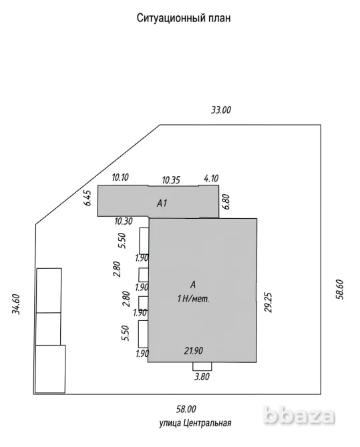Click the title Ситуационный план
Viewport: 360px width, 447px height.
184,18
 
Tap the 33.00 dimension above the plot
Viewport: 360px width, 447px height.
220,110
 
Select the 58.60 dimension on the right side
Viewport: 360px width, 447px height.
340,290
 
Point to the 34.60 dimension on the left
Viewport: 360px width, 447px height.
16,304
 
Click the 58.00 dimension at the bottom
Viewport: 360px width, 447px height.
186,410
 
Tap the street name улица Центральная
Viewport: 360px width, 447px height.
195,423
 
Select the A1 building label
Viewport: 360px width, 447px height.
162,203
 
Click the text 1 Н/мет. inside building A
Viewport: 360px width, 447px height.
193,299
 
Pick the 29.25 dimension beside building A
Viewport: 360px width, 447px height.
268,302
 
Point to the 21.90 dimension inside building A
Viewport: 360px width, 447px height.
193,351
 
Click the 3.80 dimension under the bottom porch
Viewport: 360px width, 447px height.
202,376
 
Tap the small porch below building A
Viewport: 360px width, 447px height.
202,366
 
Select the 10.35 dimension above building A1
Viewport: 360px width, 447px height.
171,180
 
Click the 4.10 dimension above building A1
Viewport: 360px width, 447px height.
211,178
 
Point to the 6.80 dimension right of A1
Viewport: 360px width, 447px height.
226,202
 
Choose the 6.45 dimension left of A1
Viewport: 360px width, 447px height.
87,198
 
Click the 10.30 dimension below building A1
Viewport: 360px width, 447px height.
124,221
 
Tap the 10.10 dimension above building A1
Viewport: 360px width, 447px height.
120,177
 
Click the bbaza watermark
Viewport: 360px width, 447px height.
299,416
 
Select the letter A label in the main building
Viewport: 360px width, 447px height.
193,284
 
